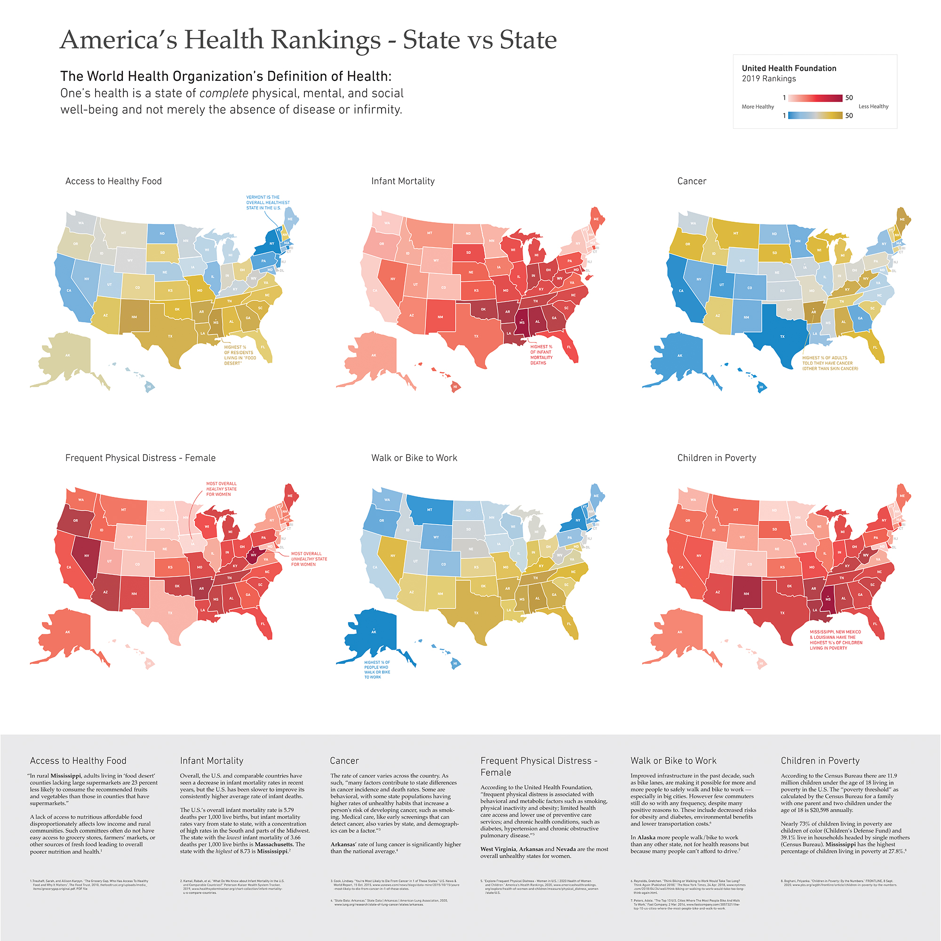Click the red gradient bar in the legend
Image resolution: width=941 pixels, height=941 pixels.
click(x=815, y=98)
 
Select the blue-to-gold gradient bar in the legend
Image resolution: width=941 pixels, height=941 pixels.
click(x=815, y=115)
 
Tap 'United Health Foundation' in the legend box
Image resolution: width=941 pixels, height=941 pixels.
click(x=789, y=68)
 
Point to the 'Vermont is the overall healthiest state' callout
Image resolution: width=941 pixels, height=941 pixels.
click(x=267, y=203)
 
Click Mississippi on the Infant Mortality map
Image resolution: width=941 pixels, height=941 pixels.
click(x=522, y=322)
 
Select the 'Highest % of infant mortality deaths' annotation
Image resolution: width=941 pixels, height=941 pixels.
click(x=541, y=355)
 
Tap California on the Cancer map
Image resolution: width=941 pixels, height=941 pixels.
click(x=681, y=290)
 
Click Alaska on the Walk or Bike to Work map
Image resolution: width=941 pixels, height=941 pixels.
click(x=374, y=632)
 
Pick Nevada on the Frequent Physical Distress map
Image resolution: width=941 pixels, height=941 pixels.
click(x=87, y=556)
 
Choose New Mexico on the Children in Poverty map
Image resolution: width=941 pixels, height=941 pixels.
click(x=746, y=593)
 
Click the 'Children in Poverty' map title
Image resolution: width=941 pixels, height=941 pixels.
click(x=717, y=458)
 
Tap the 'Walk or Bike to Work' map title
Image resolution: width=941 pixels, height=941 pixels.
click(x=414, y=458)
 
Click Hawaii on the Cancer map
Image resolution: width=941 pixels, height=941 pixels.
click(x=761, y=387)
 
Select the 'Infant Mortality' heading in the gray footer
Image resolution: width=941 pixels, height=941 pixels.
click(x=211, y=761)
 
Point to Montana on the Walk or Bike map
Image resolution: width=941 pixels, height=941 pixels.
click(x=430, y=510)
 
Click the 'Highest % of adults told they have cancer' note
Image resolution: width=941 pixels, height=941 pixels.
click(x=830, y=363)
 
